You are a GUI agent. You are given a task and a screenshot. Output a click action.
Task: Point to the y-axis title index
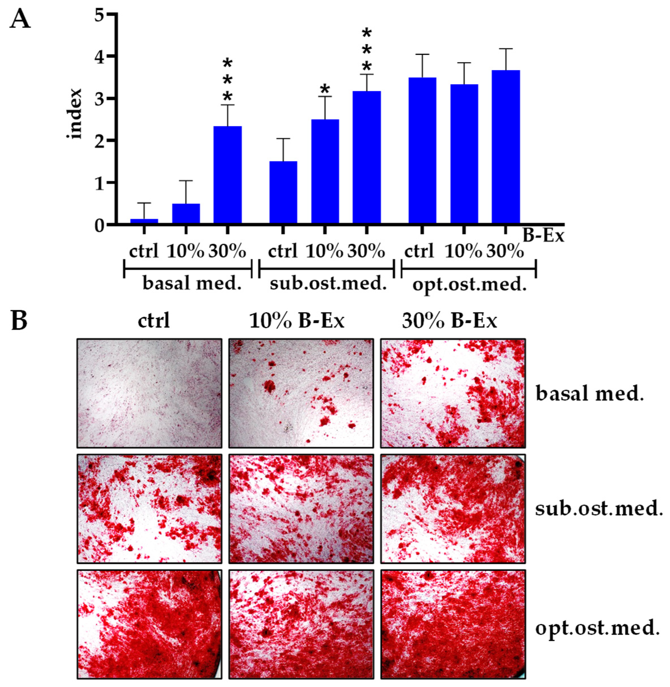point(75,114)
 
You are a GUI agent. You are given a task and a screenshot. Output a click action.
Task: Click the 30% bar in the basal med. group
point(227,175)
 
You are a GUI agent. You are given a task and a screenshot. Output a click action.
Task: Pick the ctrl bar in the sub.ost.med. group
point(283,192)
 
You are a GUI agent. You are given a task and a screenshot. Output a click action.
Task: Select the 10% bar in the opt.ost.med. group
point(464,154)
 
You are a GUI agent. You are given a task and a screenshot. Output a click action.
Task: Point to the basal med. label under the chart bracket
point(192,283)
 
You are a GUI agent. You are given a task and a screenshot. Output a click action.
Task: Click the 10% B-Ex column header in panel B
point(296,321)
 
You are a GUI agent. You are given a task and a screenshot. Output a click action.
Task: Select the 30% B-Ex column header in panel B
point(449,321)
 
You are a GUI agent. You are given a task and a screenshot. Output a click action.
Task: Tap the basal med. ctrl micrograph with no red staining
point(149,393)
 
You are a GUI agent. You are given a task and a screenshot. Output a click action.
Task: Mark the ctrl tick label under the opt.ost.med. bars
point(419,252)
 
